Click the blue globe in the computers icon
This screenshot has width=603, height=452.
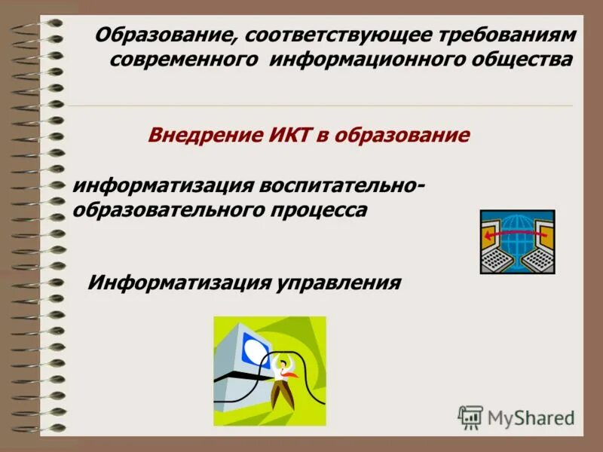point(517,226)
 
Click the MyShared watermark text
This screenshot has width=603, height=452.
point(531,417)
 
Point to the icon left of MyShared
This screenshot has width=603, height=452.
point(470,417)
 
